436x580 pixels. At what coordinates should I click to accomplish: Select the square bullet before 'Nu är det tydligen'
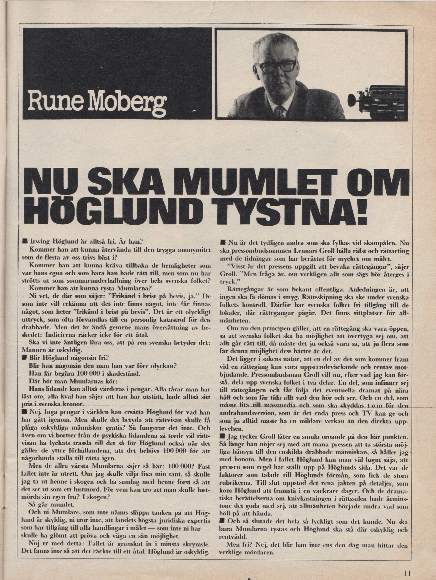(x=223, y=243)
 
